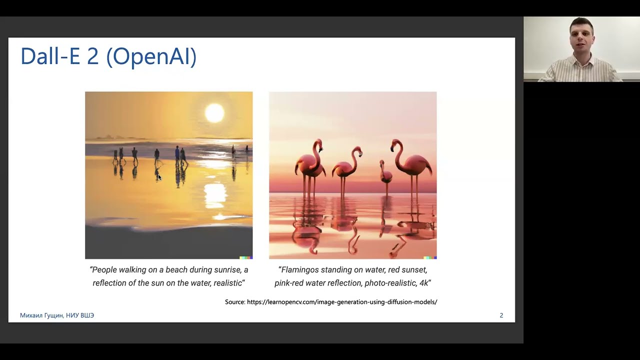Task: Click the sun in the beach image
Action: [214, 113]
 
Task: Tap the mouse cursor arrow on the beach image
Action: [159, 177]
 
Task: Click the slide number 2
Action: [501, 315]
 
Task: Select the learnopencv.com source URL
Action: [342, 302]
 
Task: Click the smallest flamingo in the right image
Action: [385, 175]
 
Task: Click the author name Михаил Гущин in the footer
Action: [41, 315]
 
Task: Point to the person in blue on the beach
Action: [177, 155]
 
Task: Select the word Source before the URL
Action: [235, 302]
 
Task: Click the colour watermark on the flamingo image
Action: [430, 257]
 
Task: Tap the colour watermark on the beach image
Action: [246, 257]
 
